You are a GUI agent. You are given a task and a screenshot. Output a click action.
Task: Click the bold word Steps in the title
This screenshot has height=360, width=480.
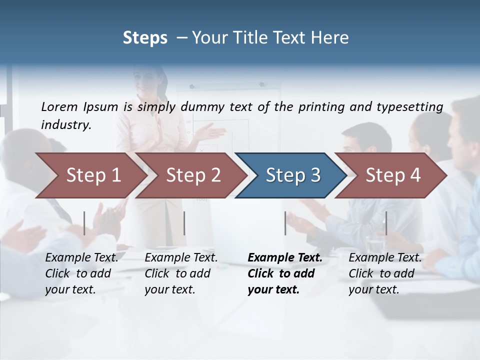pyautogui.click(x=145, y=38)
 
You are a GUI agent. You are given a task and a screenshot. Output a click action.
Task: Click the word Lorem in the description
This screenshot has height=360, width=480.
pyautogui.click(x=59, y=106)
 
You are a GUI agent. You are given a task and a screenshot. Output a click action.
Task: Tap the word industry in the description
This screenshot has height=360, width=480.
pyautogui.click(x=65, y=125)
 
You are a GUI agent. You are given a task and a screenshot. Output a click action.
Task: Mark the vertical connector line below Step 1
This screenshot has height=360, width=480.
pyautogui.click(x=84, y=223)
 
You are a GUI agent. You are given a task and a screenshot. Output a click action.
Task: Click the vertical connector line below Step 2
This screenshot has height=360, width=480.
pyautogui.click(x=184, y=223)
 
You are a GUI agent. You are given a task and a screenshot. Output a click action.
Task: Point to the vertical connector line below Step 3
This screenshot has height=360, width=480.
pyautogui.click(x=285, y=223)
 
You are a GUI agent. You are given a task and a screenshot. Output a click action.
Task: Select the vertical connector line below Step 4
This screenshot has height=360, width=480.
pyautogui.click(x=386, y=223)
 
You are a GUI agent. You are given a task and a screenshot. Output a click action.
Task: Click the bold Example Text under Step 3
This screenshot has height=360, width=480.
pyautogui.click(x=285, y=258)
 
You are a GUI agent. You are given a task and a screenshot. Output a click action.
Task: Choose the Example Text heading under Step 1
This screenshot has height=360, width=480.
pyautogui.click(x=81, y=258)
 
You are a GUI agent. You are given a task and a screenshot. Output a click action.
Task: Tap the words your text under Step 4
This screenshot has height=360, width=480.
pyautogui.click(x=373, y=289)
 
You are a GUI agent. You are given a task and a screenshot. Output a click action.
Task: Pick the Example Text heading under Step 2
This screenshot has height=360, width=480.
pyautogui.click(x=181, y=258)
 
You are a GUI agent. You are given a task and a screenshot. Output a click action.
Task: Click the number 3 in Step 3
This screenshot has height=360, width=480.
pyautogui.click(x=315, y=175)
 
